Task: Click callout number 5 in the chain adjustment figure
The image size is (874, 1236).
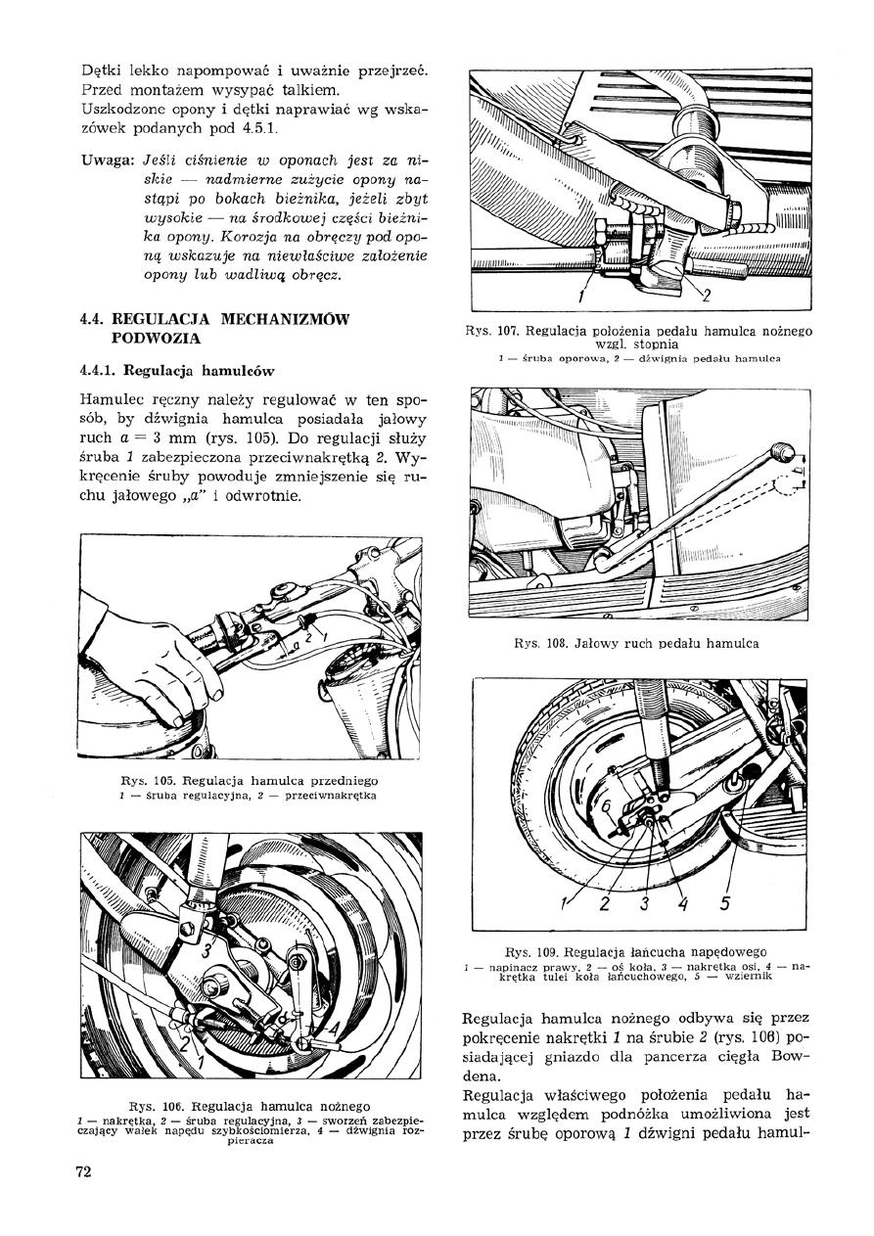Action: click(x=725, y=902)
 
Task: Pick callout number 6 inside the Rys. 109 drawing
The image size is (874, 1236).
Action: click(x=607, y=804)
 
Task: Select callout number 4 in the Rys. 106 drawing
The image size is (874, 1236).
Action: click(x=333, y=1027)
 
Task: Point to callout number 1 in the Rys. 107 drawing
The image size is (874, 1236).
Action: click(x=582, y=297)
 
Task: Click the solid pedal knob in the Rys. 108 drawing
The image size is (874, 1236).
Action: click(x=780, y=451)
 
